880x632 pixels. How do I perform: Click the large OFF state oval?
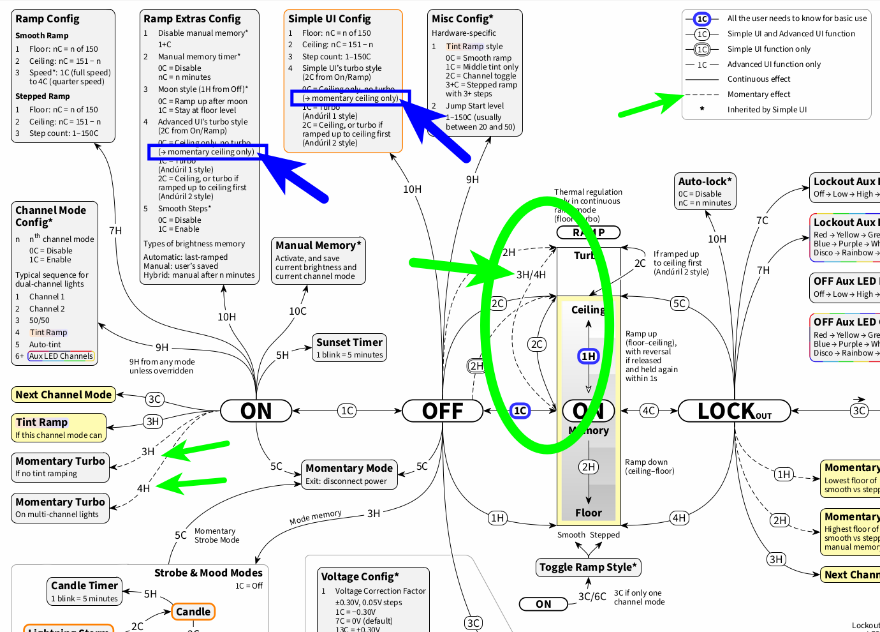pos(443,411)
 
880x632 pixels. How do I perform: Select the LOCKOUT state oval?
pos(734,411)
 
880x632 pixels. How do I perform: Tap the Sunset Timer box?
pos(349,348)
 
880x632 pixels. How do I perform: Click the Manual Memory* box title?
pos(318,246)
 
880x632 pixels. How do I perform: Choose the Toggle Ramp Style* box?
pos(588,567)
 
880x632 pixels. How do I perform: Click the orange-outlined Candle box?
pos(193,612)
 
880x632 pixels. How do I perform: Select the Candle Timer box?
pos(84,591)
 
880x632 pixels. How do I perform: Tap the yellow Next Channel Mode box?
pos(63,395)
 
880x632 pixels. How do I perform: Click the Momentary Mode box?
pos(349,474)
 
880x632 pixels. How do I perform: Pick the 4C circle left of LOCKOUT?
pos(649,411)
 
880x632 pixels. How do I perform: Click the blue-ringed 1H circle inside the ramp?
pos(588,356)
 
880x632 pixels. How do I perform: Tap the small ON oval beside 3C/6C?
pos(543,604)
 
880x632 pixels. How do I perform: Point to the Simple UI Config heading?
pos(329,19)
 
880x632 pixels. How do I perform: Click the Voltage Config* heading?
pos(360,577)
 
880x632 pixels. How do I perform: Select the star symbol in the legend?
pos(702,109)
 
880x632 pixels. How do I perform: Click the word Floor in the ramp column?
pos(588,513)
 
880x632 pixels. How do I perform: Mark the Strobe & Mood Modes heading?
pos(208,573)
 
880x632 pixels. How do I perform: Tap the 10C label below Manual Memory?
pos(298,312)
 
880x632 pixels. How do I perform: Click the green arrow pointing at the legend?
pos(650,105)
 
